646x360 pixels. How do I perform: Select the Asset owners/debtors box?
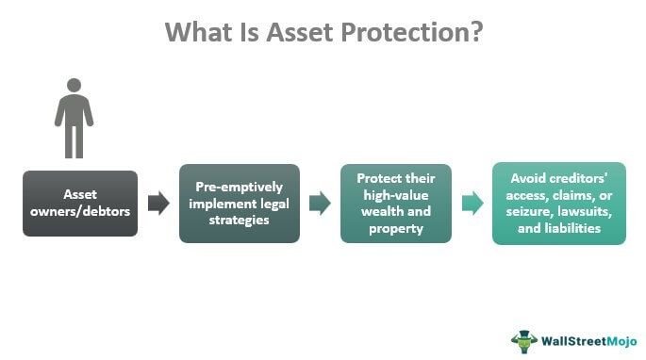tap(80, 204)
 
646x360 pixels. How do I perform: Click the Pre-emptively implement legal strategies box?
tap(239, 204)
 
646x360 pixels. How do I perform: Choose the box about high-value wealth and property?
tap(396, 204)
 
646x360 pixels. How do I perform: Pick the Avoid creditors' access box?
tap(558, 204)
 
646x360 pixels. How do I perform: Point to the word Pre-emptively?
tap(240, 187)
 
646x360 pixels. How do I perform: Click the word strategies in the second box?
tap(240, 221)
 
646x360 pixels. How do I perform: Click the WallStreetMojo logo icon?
tap(523, 339)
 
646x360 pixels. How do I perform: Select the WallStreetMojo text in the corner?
tap(586, 340)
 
